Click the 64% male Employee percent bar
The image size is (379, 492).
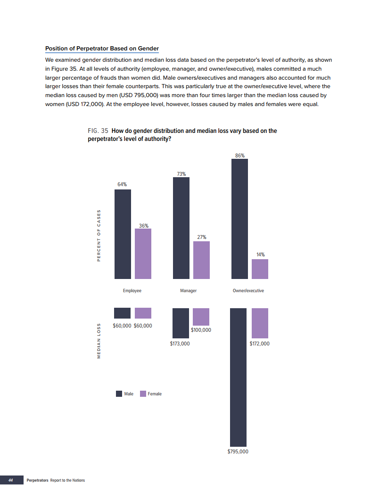(x=123, y=234)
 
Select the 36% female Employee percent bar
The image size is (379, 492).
(x=143, y=254)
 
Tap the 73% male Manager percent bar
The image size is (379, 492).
(x=181, y=228)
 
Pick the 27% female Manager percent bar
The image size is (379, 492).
(x=201, y=260)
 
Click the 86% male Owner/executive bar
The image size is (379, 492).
(x=239, y=219)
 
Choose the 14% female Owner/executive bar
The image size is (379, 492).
(x=260, y=269)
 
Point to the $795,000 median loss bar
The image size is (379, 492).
(x=238, y=377)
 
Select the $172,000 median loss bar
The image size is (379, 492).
(x=260, y=323)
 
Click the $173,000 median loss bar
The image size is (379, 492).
(x=181, y=323)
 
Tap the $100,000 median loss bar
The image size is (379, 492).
(x=201, y=317)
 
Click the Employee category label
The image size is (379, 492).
(x=132, y=291)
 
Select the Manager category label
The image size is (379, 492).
(x=188, y=291)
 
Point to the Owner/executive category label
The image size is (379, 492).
(x=248, y=291)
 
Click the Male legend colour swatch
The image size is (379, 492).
(x=119, y=394)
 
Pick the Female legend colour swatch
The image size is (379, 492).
(x=143, y=394)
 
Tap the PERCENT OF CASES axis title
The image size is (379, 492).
(x=99, y=235)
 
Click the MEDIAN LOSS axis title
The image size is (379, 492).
(x=99, y=341)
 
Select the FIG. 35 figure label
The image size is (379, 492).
(x=98, y=131)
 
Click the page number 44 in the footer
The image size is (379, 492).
(x=10, y=480)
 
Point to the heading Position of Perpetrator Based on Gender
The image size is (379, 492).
(x=102, y=49)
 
